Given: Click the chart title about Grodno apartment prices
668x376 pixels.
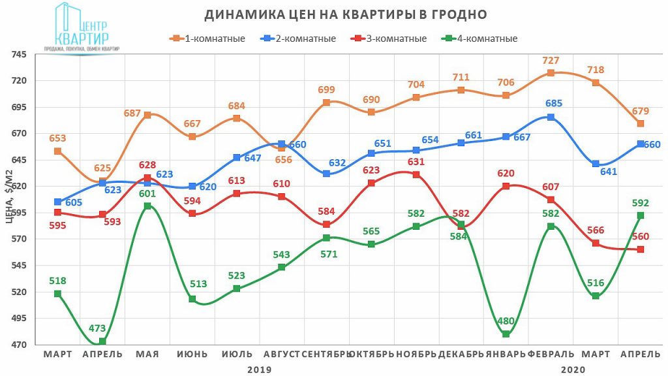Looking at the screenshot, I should pyautogui.click(x=346, y=14).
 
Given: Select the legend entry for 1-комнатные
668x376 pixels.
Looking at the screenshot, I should pyautogui.click(x=209, y=39).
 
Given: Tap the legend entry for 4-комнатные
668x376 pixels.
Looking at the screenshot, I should pyautogui.click(x=480, y=39).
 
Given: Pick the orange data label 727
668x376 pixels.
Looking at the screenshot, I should pyautogui.click(x=551, y=61).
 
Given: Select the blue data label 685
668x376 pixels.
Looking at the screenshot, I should pyautogui.click(x=554, y=103).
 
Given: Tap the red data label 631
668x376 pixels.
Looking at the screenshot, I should pyautogui.click(x=416, y=162).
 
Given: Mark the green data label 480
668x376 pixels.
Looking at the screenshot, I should pyautogui.click(x=506, y=321).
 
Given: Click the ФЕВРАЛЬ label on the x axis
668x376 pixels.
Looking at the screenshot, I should pyautogui.click(x=551, y=354).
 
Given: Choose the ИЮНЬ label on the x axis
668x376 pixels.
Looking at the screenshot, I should pyautogui.click(x=192, y=354).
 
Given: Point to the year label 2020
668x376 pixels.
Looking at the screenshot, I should pyautogui.click(x=572, y=369).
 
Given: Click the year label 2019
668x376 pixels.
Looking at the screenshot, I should pyautogui.click(x=259, y=369).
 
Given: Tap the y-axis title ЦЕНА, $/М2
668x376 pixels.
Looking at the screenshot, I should pyautogui.click(x=10, y=196).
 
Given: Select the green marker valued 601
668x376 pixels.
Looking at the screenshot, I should pyautogui.click(x=147, y=206).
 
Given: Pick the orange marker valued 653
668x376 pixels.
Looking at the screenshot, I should pyautogui.click(x=58, y=151).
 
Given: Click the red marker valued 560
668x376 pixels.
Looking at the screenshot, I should pyautogui.click(x=641, y=249).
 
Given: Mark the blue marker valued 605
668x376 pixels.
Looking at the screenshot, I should pyautogui.click(x=58, y=202).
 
